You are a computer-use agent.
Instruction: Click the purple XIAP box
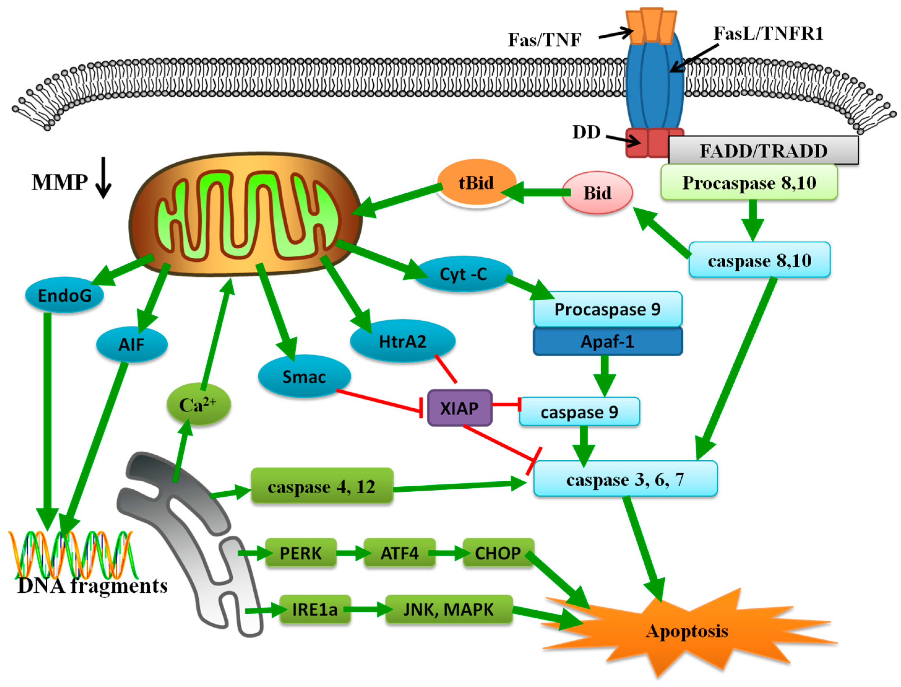tap(460, 408)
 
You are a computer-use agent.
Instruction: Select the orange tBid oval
tap(476, 182)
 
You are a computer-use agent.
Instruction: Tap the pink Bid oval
tap(597, 193)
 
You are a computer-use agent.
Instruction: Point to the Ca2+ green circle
tap(199, 404)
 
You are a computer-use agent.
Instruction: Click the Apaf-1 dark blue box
tap(608, 341)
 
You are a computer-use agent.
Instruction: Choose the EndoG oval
tap(65, 295)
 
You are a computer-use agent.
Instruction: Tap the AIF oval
tap(132, 345)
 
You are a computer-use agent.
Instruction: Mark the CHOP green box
tap(498, 553)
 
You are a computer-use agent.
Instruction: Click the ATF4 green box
tap(399, 553)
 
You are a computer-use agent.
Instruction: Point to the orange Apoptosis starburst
tap(687, 631)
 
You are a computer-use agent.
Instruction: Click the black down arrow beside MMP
tap(103, 178)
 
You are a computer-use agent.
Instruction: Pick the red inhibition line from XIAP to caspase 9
tap(506, 404)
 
